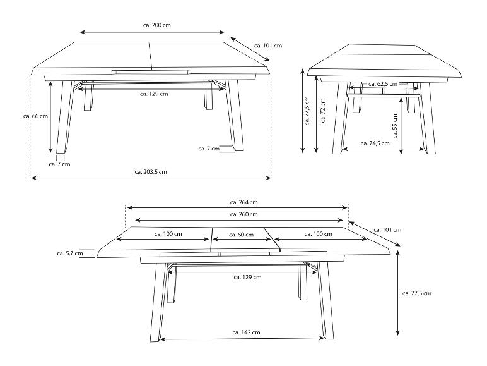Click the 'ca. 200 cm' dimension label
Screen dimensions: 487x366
point(157,25)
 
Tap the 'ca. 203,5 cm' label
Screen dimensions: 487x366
point(151,172)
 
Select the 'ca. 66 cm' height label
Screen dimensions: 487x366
point(36,116)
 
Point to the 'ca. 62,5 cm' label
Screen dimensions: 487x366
point(383,84)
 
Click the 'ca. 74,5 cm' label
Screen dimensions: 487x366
point(375,143)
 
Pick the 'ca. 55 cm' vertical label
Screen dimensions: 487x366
point(395,126)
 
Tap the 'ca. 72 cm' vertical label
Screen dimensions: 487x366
point(323,111)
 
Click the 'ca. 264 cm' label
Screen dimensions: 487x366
point(243,202)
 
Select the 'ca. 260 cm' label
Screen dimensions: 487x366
point(243,214)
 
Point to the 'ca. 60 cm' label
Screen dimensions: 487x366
point(242,235)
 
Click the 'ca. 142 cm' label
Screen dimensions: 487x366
point(246,332)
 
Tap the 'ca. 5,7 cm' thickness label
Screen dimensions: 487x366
point(70,253)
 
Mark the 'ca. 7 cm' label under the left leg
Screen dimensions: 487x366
point(60,164)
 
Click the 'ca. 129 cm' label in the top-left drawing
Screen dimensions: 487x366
point(154,94)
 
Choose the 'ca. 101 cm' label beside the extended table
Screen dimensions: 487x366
point(387,230)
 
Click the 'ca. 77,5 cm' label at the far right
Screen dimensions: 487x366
point(417,293)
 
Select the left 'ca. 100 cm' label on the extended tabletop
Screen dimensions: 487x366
point(168,234)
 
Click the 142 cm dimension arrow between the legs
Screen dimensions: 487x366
point(242,338)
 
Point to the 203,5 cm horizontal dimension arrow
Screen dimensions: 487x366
point(151,178)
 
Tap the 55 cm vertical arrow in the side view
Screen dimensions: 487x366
point(401,126)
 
